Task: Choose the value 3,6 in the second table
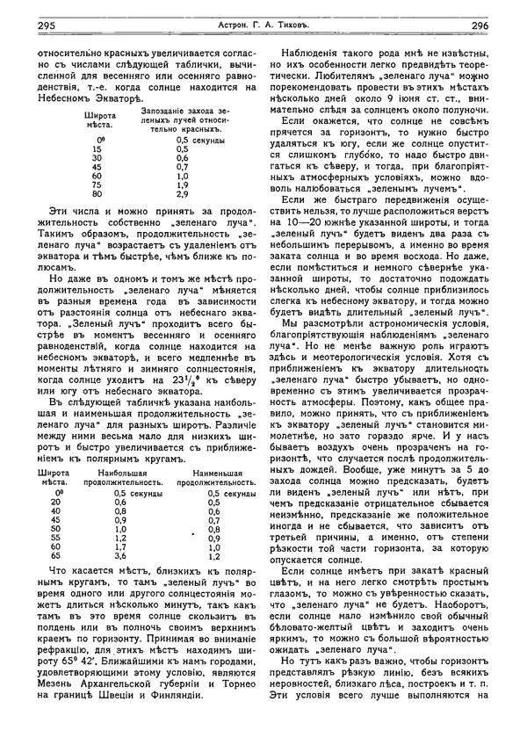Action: coord(120,556)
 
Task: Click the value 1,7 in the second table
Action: coord(120,546)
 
